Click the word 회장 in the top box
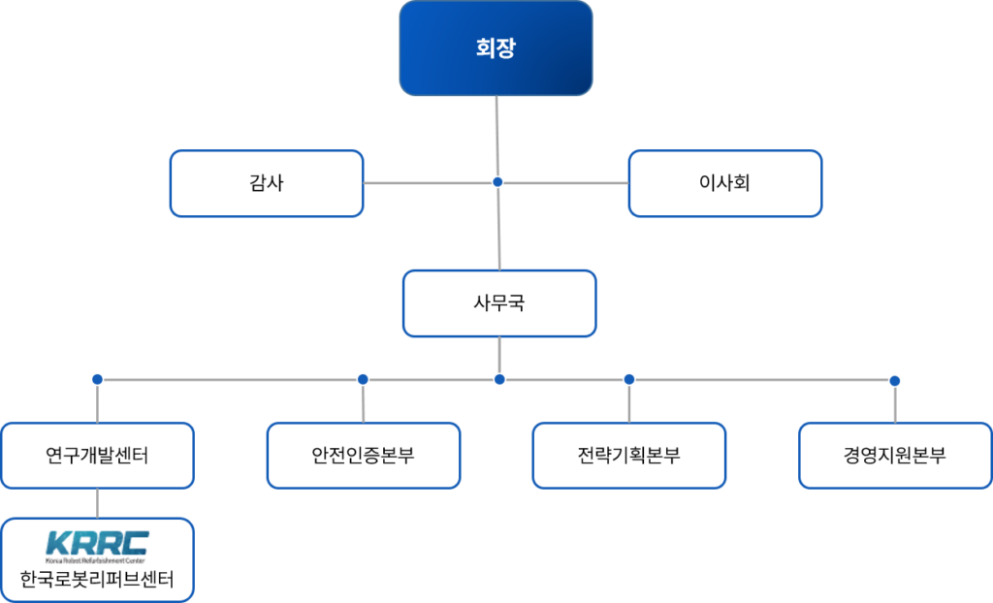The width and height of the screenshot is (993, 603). pos(496,48)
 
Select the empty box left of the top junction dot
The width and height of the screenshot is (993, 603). pos(267,183)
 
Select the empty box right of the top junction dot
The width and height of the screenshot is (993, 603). pos(725,183)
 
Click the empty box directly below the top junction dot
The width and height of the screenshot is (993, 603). pos(499,303)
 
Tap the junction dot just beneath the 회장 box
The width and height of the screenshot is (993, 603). pos(497,182)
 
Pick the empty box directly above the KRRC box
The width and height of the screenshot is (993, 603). pos(97,455)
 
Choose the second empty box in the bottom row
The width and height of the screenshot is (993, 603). pos(364,455)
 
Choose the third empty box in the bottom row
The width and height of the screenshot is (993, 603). pos(629,455)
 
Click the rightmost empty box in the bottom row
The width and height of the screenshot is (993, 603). pos(895,455)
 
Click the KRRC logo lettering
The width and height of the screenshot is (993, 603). pos(97,540)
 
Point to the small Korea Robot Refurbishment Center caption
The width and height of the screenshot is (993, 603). pos(97,561)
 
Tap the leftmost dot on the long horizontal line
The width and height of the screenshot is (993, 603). pos(97,379)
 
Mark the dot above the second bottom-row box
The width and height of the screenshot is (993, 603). pos(363,379)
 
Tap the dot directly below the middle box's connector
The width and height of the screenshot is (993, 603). pos(499,379)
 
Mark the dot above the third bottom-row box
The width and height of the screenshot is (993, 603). pos(628,379)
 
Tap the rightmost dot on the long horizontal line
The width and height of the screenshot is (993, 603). pos(894,380)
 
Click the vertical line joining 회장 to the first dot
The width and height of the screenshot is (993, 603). pos(496,136)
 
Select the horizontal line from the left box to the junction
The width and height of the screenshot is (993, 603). pos(427,183)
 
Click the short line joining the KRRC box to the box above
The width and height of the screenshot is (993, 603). pos(97,503)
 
